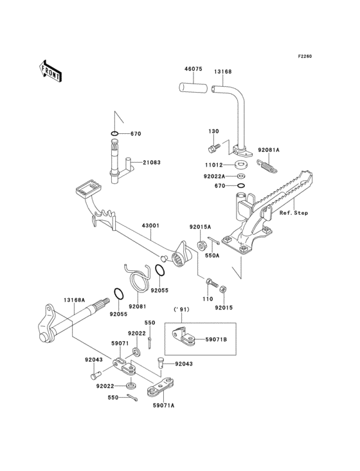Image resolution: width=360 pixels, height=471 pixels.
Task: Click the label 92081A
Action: tap(269, 151)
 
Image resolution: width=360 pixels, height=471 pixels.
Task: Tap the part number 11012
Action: tap(214, 165)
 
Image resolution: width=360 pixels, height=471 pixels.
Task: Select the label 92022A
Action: tap(215, 176)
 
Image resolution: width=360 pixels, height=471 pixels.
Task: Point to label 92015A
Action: tap(199, 227)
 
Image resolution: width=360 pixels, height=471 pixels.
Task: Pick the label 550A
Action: tap(230, 255)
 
